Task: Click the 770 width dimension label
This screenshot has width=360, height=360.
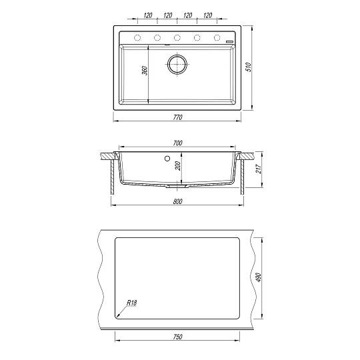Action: click(x=177, y=117)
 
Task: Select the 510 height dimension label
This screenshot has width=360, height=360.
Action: click(x=249, y=67)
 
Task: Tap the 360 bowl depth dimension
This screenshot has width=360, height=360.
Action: click(x=145, y=71)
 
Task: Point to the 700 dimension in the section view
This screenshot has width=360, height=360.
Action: click(x=177, y=143)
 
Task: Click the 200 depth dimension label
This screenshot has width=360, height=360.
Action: click(x=178, y=166)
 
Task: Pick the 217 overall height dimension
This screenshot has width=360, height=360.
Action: click(x=259, y=169)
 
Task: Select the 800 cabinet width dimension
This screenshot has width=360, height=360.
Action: click(x=177, y=201)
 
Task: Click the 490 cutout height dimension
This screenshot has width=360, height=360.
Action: click(x=259, y=277)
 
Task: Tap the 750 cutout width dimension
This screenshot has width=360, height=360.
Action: click(x=177, y=337)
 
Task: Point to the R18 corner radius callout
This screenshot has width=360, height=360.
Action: click(x=132, y=303)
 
